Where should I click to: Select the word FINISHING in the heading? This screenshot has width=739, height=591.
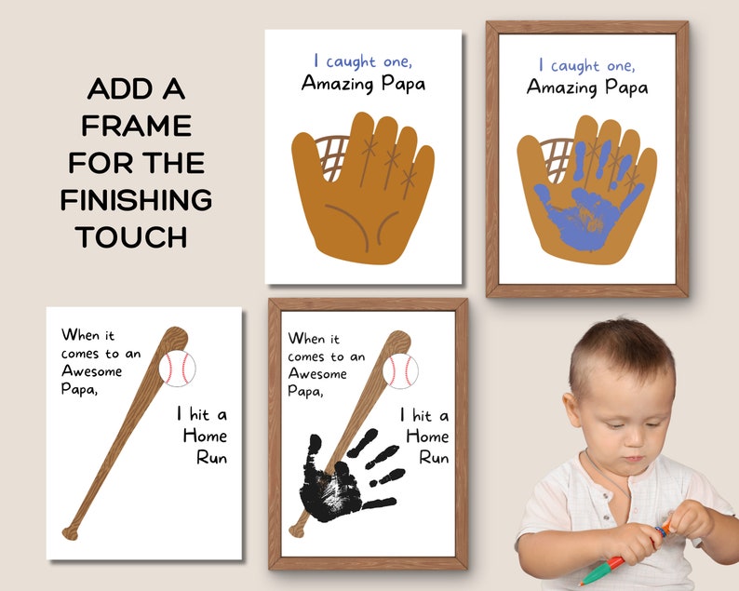coord(137,199)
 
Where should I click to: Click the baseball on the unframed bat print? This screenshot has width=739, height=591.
coord(177,369)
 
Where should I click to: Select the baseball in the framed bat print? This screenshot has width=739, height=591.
coord(400,371)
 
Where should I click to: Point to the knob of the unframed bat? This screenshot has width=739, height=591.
coord(71,533)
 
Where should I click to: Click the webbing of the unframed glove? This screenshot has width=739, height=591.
coord(332,154)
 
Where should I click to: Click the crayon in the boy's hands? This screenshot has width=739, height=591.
coord(624,553)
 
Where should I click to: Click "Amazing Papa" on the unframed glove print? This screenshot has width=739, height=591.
coord(363,84)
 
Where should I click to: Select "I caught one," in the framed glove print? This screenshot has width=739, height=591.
coord(586,65)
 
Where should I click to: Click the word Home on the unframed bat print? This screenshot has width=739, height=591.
coord(205,436)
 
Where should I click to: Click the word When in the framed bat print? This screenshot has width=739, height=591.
coord(308,339)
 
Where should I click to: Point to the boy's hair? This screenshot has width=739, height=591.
coord(614,344)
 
